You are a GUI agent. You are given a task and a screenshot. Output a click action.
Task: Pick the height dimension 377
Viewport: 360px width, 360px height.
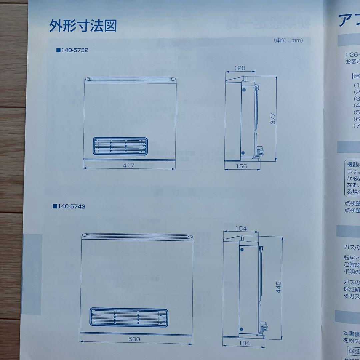tap(273, 118)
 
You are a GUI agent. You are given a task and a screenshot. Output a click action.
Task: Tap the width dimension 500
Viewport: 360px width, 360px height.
tap(134, 339)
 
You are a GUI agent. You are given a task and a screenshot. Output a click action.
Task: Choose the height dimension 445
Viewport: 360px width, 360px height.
tap(278, 287)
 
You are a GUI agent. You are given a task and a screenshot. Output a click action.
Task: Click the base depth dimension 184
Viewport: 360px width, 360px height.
tap(244, 342)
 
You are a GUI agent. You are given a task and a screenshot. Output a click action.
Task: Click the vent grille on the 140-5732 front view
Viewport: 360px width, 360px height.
tap(120, 146)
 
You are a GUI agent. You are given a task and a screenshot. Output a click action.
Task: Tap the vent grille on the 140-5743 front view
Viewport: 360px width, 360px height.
tap(129, 317)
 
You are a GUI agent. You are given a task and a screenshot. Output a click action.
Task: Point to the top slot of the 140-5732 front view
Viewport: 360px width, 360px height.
tap(130, 79)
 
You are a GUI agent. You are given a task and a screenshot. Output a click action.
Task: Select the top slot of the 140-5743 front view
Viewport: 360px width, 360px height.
tap(137, 237)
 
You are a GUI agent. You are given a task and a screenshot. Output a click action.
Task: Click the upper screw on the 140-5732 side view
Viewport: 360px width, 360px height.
tap(243, 90)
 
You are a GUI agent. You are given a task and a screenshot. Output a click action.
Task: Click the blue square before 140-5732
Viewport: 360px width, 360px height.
tap(58, 50)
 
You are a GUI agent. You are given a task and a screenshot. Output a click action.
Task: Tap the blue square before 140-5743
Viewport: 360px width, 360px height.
tap(55, 206)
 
